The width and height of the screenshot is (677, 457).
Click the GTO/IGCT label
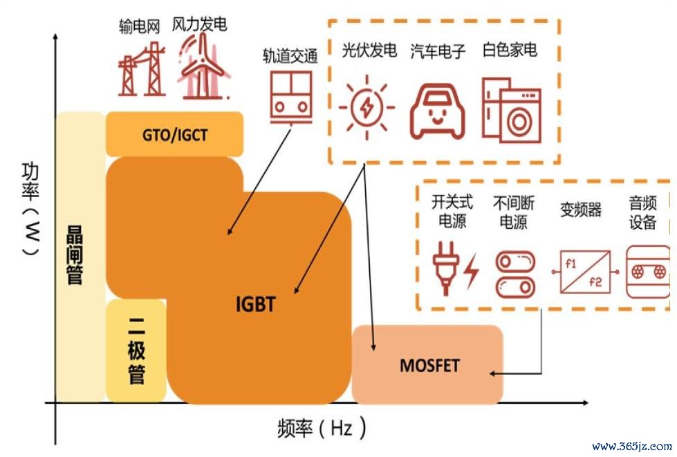pyautogui.click(x=175, y=135)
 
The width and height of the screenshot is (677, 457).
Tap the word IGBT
pyautogui.click(x=256, y=304)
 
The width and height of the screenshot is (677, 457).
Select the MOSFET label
pyautogui.click(x=429, y=366)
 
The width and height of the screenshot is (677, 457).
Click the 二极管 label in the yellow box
pyautogui.click(x=136, y=350)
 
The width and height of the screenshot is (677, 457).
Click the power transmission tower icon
pyautogui.click(x=142, y=69)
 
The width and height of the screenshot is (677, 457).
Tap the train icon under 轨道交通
pyautogui.click(x=290, y=97)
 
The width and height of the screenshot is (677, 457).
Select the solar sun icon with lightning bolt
pyautogui.click(x=367, y=107)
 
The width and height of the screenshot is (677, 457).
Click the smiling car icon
pyautogui.click(x=437, y=111)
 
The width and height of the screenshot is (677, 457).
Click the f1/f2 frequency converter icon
pyautogui.click(x=585, y=272)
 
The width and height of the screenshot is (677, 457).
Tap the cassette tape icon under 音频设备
pyautogui.click(x=648, y=272)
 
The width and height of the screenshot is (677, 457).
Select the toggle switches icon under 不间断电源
pyautogui.click(x=515, y=275)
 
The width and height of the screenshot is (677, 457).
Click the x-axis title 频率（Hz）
pyautogui.click(x=322, y=428)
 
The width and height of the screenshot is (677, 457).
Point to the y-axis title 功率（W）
pyautogui.click(x=30, y=209)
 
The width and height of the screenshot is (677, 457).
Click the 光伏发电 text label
pyautogui.click(x=369, y=50)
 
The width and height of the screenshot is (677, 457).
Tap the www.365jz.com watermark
pyautogui.click(x=632, y=446)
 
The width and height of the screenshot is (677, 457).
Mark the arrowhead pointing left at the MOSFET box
pyautogui.click(x=493, y=374)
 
